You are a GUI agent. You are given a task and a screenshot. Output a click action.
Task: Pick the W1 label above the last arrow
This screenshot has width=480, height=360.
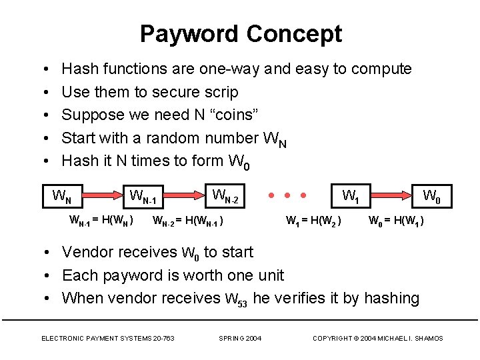(351, 196)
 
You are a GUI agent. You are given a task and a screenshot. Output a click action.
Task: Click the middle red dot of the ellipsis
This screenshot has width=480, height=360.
(287, 196)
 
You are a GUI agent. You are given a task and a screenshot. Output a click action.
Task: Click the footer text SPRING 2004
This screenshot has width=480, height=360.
(240, 339)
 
